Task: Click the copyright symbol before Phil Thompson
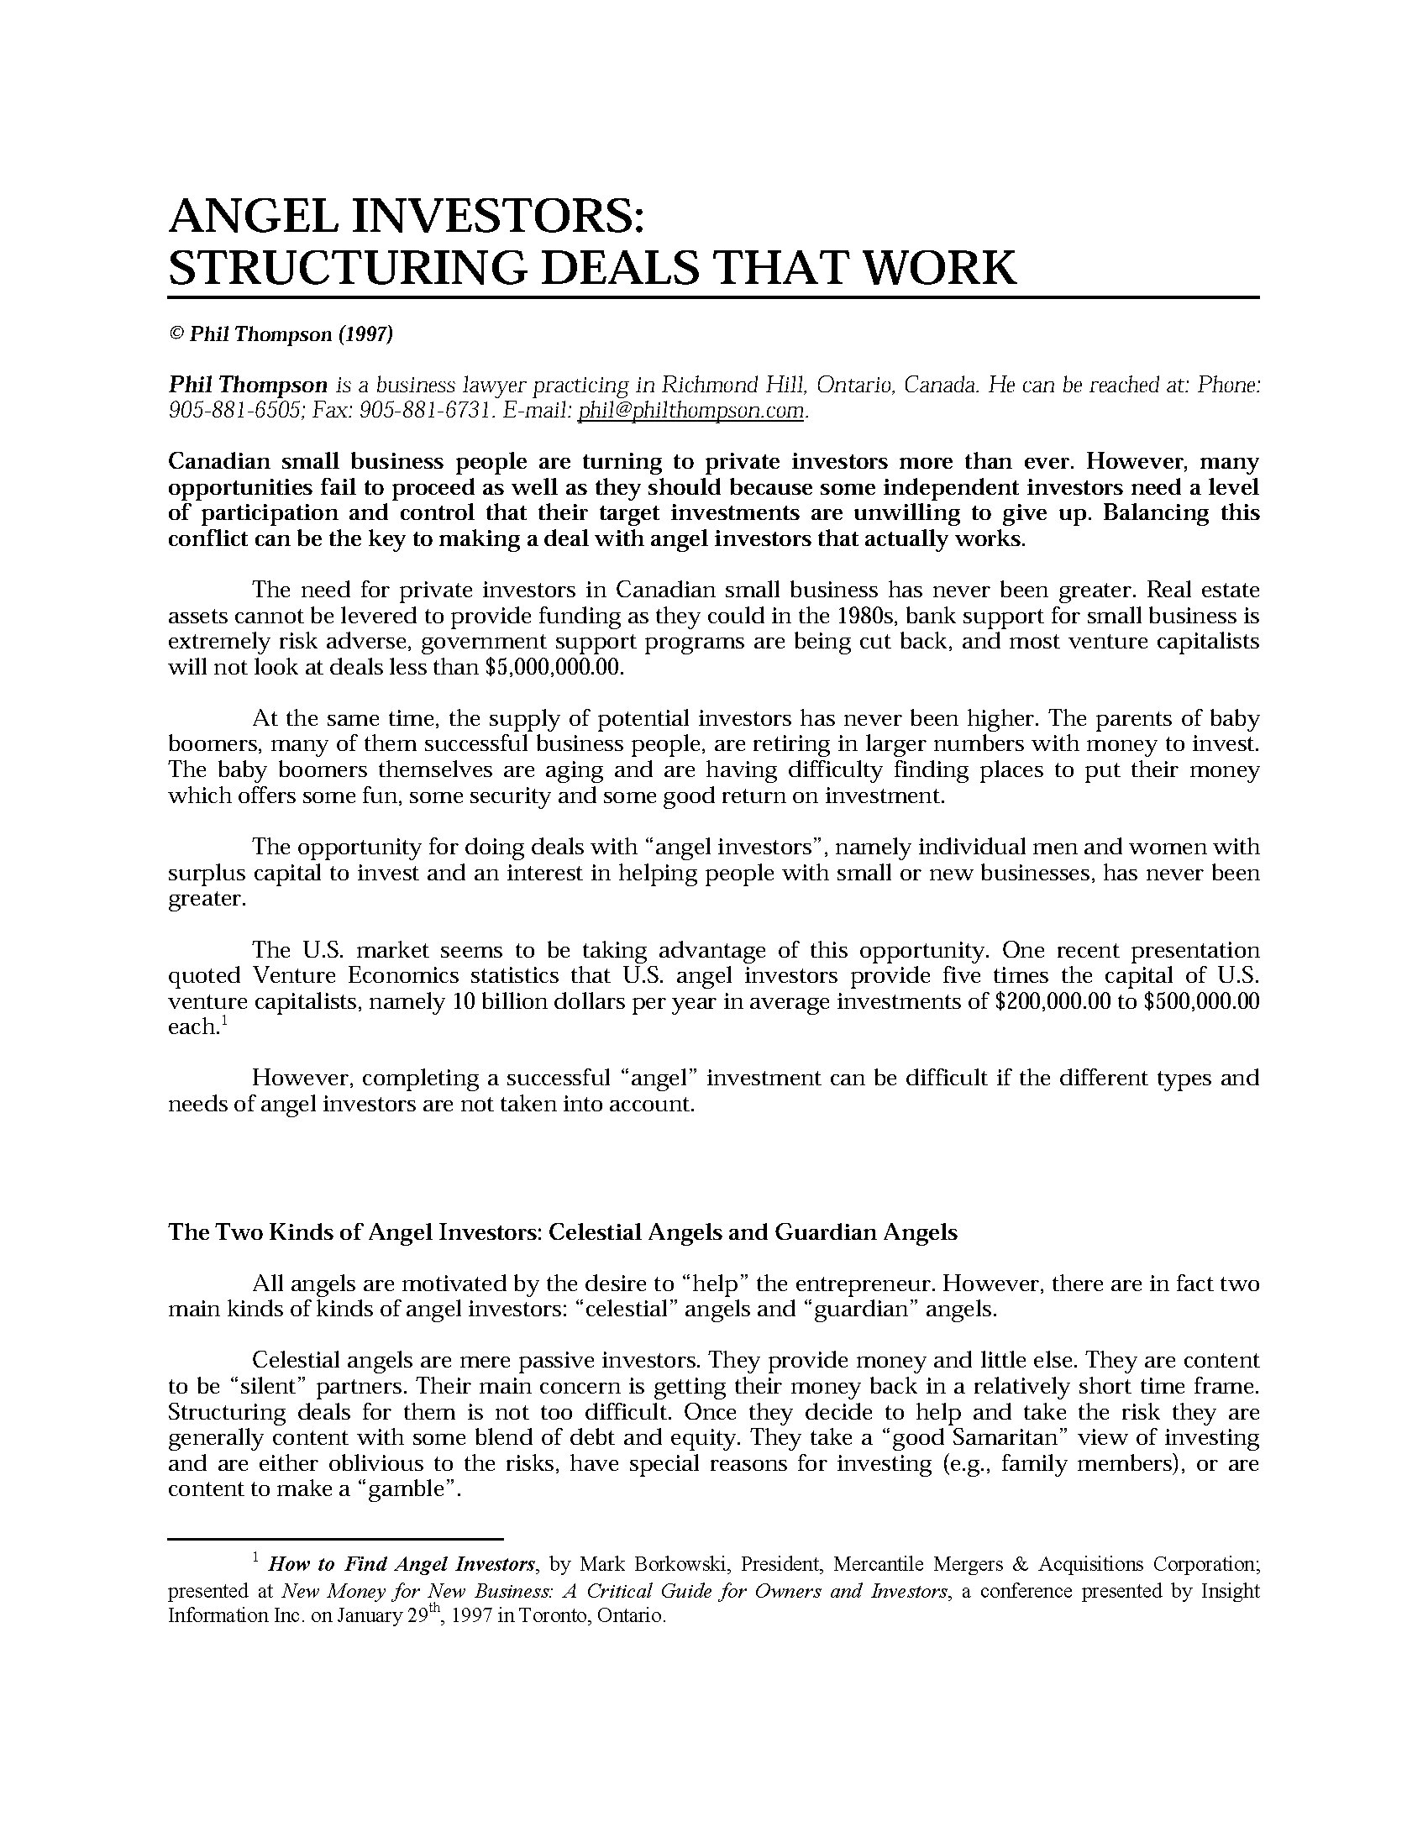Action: point(176,334)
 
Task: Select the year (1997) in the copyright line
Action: point(365,334)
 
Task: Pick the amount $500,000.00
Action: point(1201,1002)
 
